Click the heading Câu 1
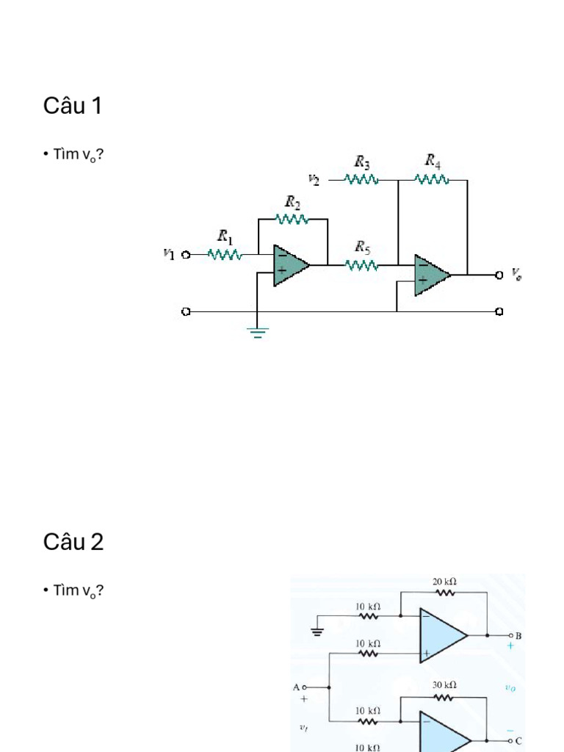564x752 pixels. (x=73, y=106)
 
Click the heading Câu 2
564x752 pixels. (x=73, y=542)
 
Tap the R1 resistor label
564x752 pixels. (x=225, y=236)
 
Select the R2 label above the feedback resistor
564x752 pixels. (x=292, y=202)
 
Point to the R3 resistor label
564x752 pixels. (x=362, y=162)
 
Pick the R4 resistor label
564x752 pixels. (x=433, y=161)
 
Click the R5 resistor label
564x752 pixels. (x=363, y=247)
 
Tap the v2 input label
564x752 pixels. (x=314, y=180)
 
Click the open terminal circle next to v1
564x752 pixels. (x=186, y=255)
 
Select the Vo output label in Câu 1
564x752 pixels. (x=516, y=274)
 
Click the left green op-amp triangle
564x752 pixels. (x=291, y=265)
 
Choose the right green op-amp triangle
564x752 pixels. (x=432, y=275)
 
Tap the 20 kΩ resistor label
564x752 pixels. (x=444, y=582)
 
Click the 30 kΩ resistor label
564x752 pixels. (x=444, y=685)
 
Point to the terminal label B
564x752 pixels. (x=518, y=636)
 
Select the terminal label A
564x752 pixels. (x=297, y=687)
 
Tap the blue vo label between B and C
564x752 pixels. (x=510, y=688)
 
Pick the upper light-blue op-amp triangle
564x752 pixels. (x=442, y=635)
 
